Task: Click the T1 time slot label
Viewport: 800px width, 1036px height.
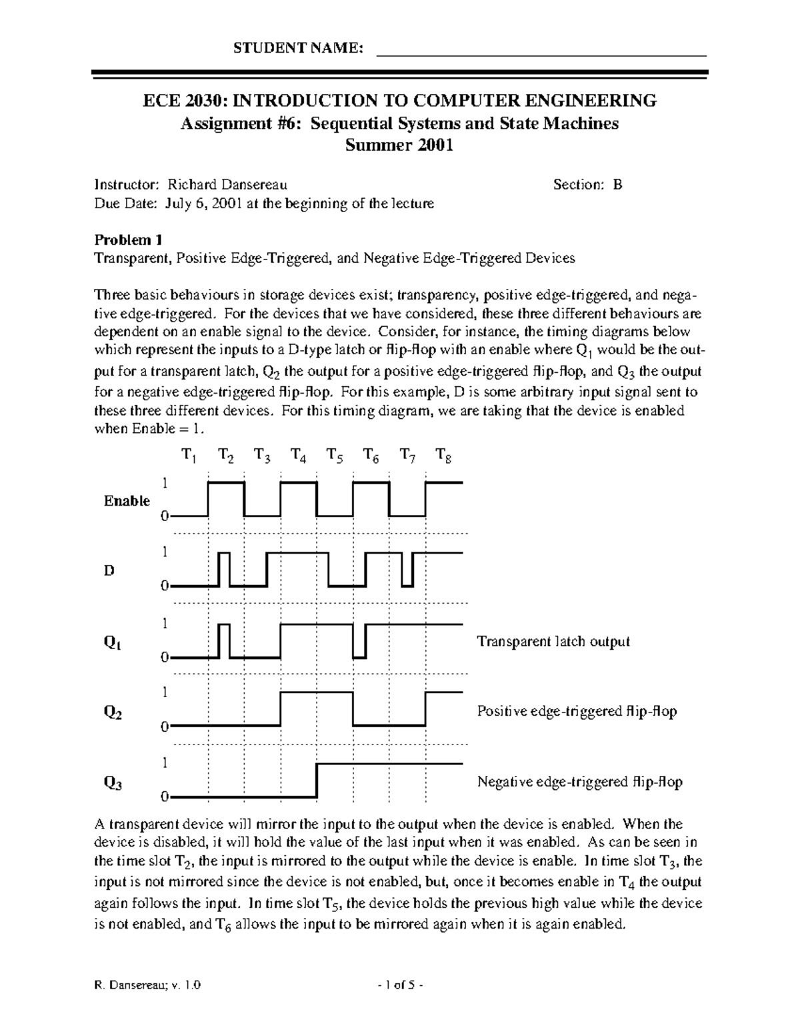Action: pyautogui.click(x=189, y=456)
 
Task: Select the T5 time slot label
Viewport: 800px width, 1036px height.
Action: pyautogui.click(x=335, y=456)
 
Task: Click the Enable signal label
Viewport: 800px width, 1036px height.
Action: pyautogui.click(x=127, y=501)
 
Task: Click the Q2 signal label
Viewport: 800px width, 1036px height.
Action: pyautogui.click(x=112, y=712)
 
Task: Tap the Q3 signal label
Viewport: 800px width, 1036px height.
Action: pyautogui.click(x=112, y=783)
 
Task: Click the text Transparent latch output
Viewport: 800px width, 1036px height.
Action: pyautogui.click(x=553, y=642)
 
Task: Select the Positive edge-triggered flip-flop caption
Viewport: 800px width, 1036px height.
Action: pyautogui.click(x=577, y=712)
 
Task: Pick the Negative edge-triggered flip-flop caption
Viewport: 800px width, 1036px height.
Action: pyautogui.click(x=579, y=782)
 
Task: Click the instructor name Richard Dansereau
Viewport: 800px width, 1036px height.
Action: pyautogui.click(x=227, y=185)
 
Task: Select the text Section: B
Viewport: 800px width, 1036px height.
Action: pyautogui.click(x=587, y=185)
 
